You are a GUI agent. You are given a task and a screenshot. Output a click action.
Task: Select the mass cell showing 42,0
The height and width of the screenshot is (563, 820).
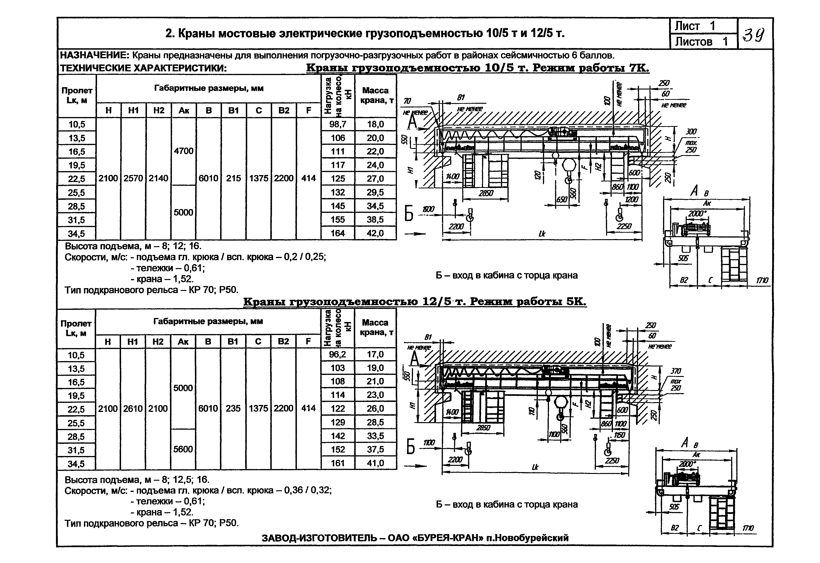375,233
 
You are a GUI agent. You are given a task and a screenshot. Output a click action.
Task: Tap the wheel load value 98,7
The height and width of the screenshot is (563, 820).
338,124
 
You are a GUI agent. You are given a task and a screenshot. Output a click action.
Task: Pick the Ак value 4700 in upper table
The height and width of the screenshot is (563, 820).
184,151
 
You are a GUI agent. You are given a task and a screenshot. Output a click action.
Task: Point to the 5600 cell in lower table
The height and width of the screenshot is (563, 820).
183,449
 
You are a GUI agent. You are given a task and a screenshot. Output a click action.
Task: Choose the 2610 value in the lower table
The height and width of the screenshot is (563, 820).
133,408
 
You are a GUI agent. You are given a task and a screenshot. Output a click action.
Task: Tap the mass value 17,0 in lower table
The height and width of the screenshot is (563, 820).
375,354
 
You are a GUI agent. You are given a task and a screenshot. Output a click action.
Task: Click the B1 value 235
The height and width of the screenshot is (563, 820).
233,408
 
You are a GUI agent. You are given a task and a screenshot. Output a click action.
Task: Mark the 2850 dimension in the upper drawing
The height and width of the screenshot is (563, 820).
486,193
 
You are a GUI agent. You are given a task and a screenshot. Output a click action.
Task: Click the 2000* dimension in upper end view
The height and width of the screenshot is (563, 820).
697,213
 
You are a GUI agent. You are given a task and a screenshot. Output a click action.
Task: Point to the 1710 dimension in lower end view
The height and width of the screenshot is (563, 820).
748,528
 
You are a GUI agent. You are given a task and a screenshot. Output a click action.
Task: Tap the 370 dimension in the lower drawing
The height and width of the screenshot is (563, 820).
676,371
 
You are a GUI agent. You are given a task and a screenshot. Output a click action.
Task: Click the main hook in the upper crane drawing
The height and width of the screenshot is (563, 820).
568,180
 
